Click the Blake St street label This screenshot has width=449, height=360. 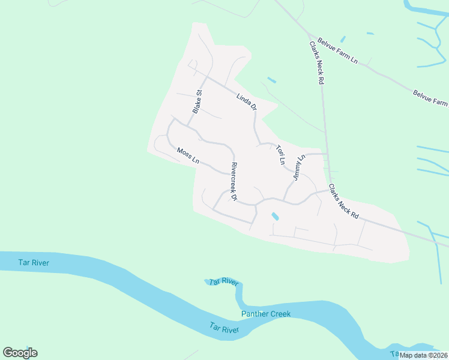(198, 101)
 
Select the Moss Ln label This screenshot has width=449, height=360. (188, 155)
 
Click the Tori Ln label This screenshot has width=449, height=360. (280, 154)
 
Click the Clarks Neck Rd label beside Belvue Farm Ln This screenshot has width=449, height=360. (317, 62)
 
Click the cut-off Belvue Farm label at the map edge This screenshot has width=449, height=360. (430, 98)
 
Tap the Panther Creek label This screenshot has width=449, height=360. (266, 314)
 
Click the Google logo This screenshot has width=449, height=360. (20, 353)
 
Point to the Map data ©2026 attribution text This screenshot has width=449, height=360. (423, 355)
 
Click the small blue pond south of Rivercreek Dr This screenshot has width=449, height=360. (275, 215)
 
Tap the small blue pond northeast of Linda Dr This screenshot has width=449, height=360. (271, 79)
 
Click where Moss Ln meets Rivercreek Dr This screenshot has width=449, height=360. (230, 173)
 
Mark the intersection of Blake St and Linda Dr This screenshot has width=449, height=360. (205, 77)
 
